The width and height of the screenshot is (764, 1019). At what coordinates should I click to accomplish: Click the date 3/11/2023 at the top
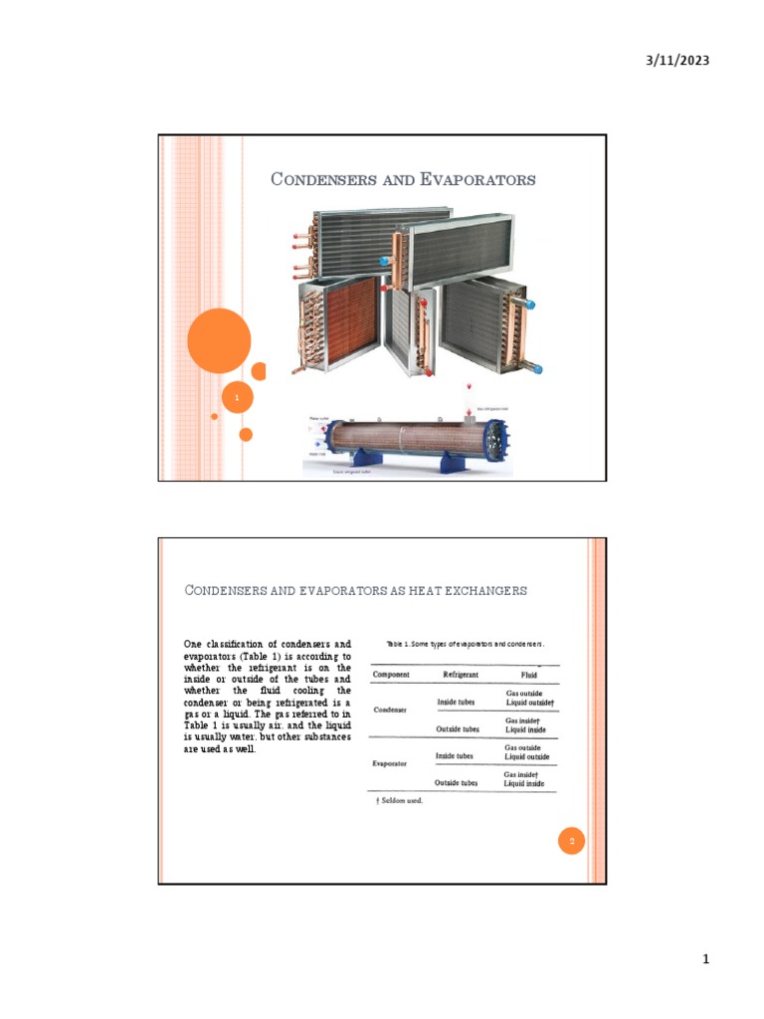(x=676, y=62)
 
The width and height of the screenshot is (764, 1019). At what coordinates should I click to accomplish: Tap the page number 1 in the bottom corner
(x=704, y=960)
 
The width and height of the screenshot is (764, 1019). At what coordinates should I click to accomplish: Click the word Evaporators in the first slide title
(x=475, y=180)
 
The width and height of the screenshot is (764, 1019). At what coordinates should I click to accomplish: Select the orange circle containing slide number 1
(x=237, y=398)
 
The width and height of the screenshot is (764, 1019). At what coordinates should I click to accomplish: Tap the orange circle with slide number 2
(x=572, y=842)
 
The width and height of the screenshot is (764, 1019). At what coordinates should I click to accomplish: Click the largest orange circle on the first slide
(x=219, y=341)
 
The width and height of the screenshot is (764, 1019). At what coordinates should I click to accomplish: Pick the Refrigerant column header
(x=460, y=674)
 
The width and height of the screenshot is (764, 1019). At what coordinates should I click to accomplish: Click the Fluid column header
(x=522, y=674)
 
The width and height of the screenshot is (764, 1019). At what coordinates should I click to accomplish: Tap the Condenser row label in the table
(x=390, y=711)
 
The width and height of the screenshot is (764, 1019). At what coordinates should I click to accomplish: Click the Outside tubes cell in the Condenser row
(x=458, y=728)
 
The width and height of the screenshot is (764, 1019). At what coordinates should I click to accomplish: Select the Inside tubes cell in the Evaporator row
(x=458, y=756)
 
